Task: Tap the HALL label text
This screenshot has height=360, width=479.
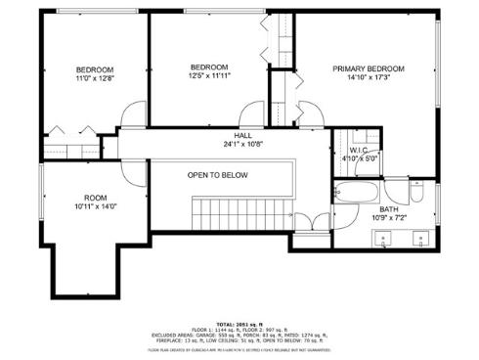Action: tap(243, 135)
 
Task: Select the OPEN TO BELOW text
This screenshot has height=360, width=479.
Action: tap(218, 175)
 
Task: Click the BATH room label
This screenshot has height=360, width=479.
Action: tap(389, 208)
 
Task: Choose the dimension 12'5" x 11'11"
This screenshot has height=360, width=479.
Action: tap(209, 74)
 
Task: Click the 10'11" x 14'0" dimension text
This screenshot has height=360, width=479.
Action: tap(95, 206)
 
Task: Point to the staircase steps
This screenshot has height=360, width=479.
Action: tap(239, 209)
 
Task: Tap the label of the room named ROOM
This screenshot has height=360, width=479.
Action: tap(95, 197)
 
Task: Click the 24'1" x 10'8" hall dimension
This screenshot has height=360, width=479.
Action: tap(243, 145)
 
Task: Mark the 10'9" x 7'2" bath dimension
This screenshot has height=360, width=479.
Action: tap(389, 217)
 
